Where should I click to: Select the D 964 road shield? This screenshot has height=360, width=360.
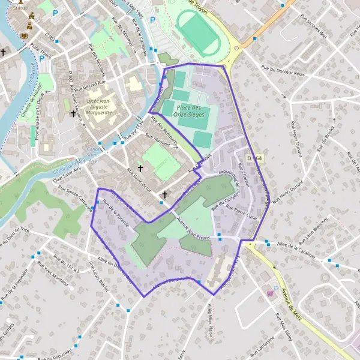click(254, 158)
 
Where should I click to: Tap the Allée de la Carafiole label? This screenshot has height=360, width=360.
click(296, 248)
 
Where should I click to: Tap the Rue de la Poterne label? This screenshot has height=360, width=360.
click(116, 212)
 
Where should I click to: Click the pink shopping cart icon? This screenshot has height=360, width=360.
click(270, 293)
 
